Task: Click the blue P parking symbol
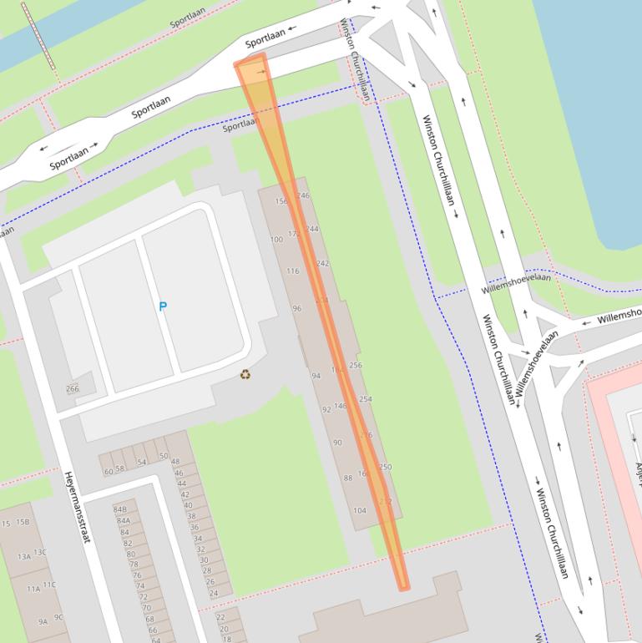[163, 306]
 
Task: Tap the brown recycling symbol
[245, 374]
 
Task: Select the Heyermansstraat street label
[76, 507]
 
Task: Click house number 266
[73, 388]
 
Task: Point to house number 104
[360, 510]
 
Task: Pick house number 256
[356, 366]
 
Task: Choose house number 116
[292, 271]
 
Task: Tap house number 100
[276, 240]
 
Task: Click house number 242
[323, 263]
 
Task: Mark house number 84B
[120, 509]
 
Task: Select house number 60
[108, 472]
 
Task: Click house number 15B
[23, 523]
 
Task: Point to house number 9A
[43, 621]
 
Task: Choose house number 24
[214, 593]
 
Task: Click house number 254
[365, 399]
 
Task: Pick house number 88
[347, 478]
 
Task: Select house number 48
[175, 461]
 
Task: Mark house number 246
[304, 195]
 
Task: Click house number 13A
[23, 556]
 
